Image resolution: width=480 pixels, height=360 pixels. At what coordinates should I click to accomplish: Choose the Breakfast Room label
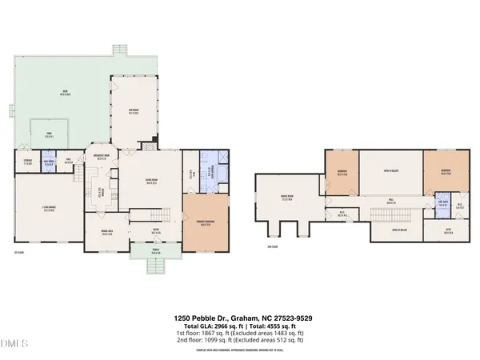click(102, 158)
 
